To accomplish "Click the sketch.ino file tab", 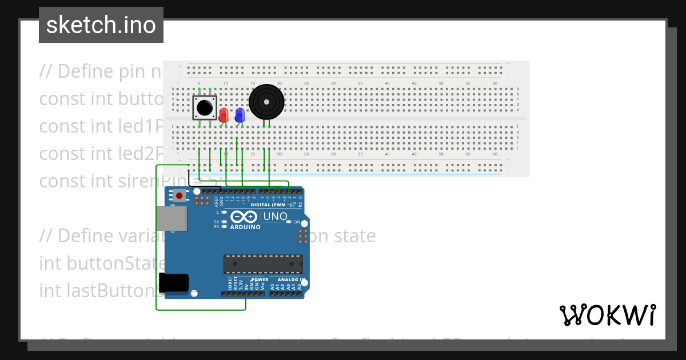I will click(x=101, y=25).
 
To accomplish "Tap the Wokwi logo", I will click(x=607, y=315).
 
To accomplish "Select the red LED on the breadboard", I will click(x=224, y=114).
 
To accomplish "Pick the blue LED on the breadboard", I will click(x=240, y=114).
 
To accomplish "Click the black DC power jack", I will click(x=174, y=282).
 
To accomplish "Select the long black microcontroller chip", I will click(x=263, y=265).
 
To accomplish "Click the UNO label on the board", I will click(x=274, y=217).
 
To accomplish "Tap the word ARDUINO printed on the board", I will click(x=245, y=227).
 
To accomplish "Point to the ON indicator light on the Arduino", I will click(x=289, y=222).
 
